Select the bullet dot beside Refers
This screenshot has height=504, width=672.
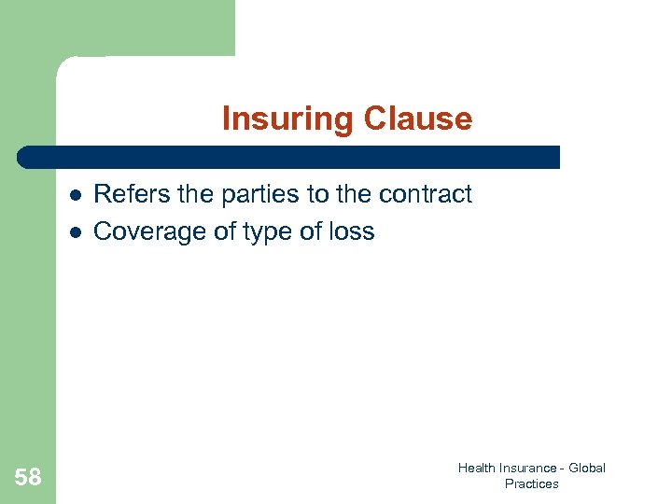coord(73,195)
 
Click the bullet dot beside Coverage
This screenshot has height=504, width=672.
coord(73,232)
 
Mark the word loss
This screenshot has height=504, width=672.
coord(351,231)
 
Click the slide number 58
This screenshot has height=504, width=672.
coord(28,478)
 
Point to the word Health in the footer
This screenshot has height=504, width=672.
coord(476,468)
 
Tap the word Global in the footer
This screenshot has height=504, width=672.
coord(587,468)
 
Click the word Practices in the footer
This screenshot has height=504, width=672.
coord(531,483)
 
